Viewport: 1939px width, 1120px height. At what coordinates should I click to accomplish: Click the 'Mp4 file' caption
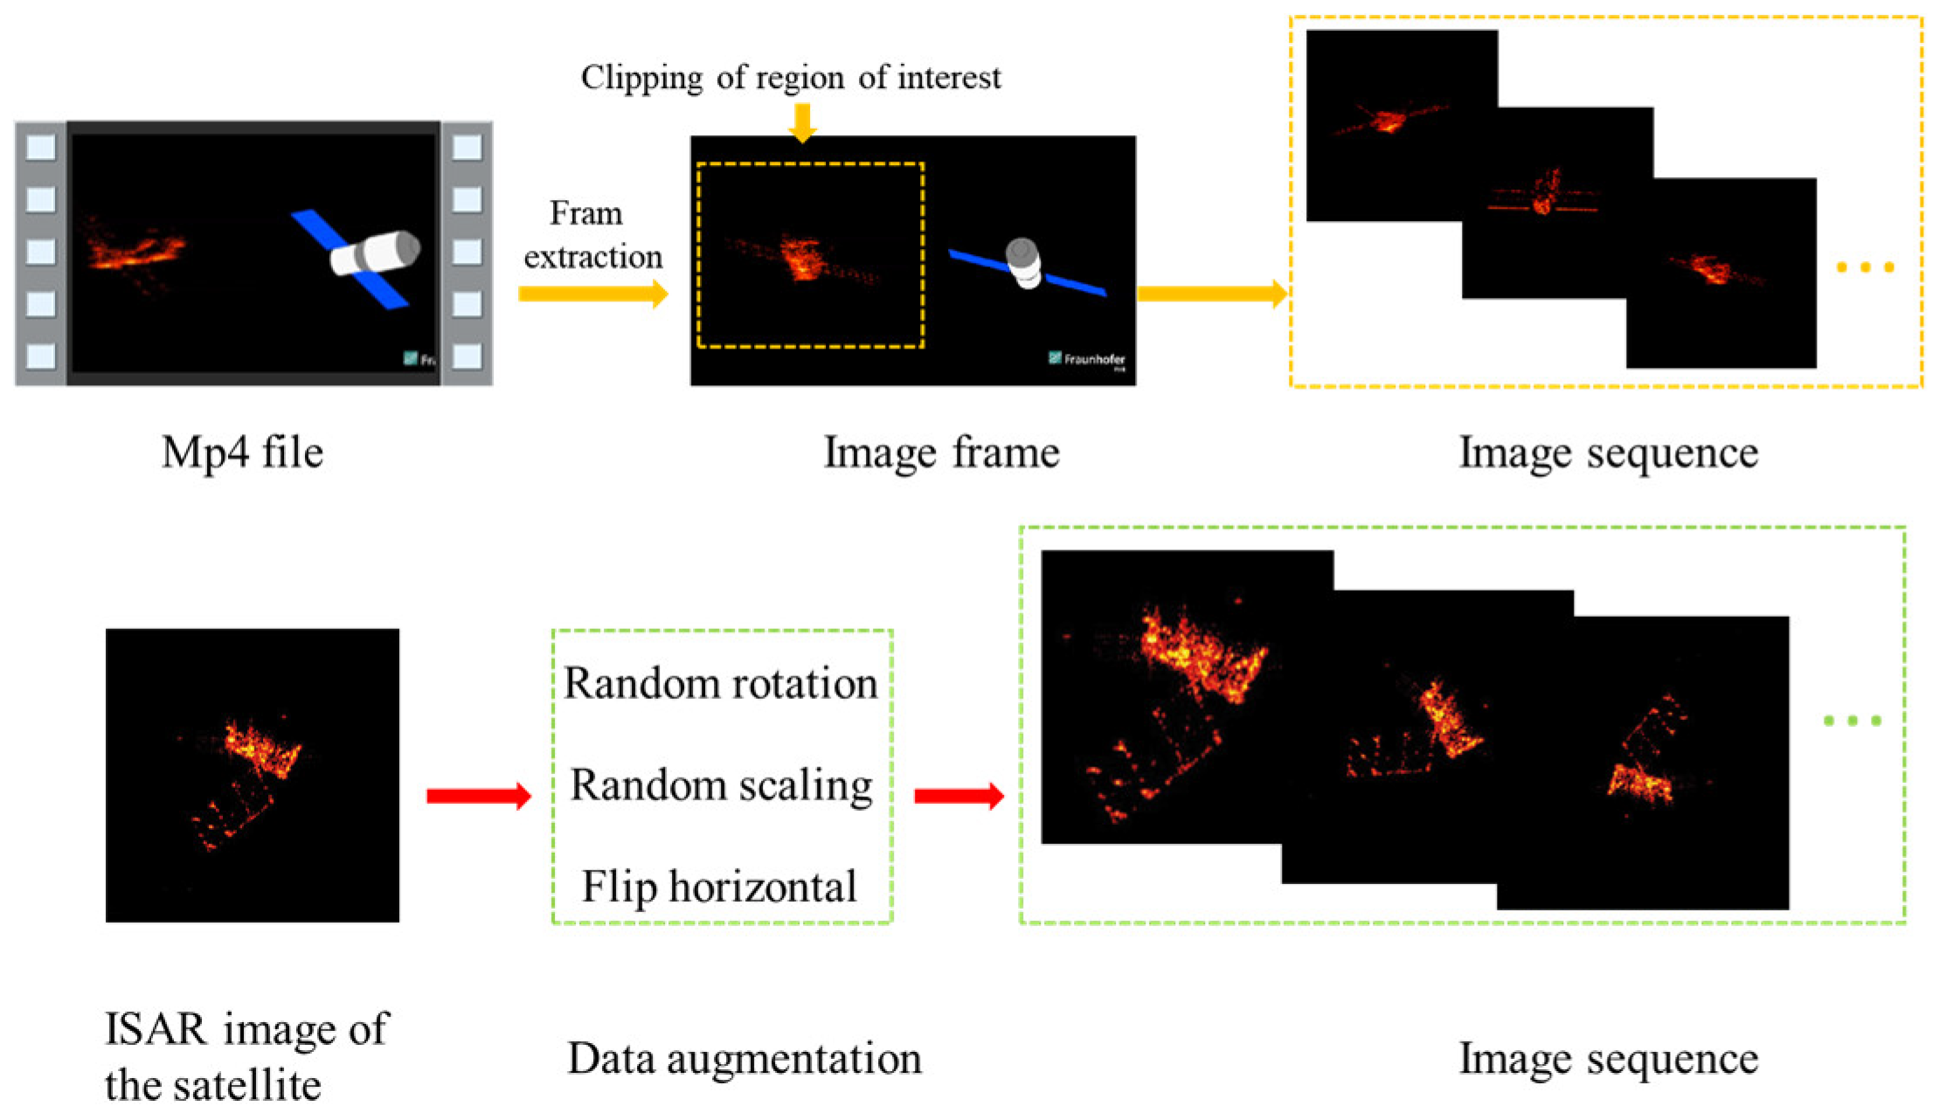[x=242, y=453]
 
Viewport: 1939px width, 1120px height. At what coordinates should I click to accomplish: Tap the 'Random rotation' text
[x=720, y=683]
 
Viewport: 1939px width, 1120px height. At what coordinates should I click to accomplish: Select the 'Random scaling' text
[x=721, y=785]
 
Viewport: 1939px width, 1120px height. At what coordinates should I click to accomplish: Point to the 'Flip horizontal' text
[x=719, y=887]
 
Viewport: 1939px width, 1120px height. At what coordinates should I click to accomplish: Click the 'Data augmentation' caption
[x=744, y=1059]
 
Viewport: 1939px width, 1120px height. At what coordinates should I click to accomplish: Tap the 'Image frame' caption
[x=941, y=453]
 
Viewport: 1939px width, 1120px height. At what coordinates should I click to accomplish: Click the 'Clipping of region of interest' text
[x=791, y=78]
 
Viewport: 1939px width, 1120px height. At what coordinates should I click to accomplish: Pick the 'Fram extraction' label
[x=592, y=235]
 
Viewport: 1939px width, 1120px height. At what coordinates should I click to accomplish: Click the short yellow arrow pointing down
[x=801, y=121]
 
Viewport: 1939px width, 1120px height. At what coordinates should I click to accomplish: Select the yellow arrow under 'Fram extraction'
[x=592, y=293]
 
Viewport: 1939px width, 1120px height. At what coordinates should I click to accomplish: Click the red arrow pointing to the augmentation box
[x=479, y=796]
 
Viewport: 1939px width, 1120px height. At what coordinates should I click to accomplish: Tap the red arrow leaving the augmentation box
[x=959, y=796]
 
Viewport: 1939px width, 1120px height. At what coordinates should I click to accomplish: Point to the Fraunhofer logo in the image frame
[x=1087, y=359]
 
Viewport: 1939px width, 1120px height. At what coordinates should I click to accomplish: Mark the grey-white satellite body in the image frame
[x=1023, y=263]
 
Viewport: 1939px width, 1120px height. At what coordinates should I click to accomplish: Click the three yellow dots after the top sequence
[x=1865, y=267]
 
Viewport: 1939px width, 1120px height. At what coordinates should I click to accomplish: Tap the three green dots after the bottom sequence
[x=1852, y=721]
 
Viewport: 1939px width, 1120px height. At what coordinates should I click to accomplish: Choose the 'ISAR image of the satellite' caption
[x=246, y=1056]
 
